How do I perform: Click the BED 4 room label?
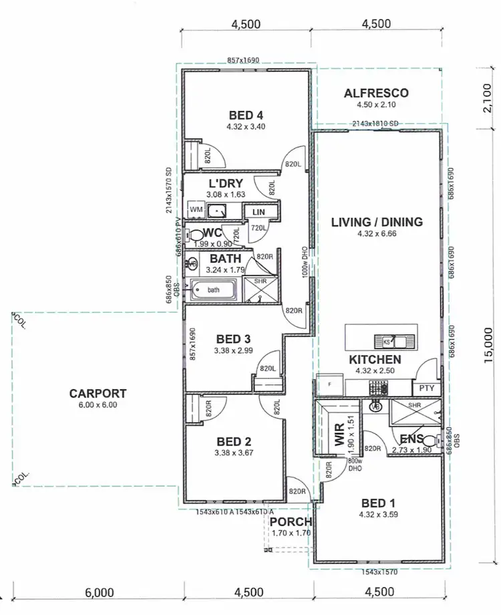click(245, 114)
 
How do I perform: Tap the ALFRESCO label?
click(376, 94)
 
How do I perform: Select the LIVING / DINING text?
click(377, 222)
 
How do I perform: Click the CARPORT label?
click(98, 393)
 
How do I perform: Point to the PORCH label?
click(291, 522)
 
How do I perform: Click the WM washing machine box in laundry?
click(196, 210)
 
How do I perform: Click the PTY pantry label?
click(426, 387)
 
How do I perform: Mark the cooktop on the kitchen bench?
click(377, 388)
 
